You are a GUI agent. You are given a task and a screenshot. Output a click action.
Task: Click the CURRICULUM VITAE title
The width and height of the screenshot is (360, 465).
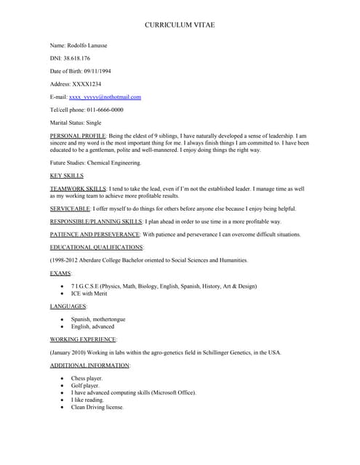point(180,25)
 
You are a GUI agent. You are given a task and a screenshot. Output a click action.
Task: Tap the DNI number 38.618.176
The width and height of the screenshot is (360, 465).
point(76,58)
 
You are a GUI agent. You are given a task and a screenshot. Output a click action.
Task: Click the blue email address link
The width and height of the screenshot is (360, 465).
point(105,97)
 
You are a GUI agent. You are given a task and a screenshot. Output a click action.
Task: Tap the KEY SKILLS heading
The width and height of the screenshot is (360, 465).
point(66,176)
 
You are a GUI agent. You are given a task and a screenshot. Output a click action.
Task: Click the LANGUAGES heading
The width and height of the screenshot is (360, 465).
point(68,307)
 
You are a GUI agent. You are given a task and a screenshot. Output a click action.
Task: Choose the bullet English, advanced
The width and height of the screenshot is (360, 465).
point(92,326)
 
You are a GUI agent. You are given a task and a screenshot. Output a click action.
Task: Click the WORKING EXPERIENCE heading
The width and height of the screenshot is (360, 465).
point(82,339)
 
